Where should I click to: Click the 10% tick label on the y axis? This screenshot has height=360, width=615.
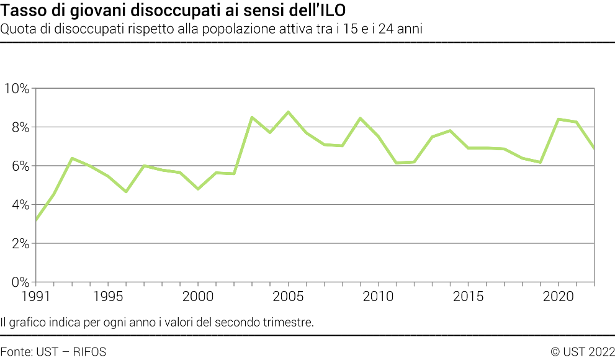tap(17, 89)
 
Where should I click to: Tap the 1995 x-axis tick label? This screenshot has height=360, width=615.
tap(108, 296)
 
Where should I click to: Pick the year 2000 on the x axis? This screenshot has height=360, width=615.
tap(198, 296)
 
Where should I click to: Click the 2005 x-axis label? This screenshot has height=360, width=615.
tap(289, 296)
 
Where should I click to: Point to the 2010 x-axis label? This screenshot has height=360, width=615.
tap(379, 296)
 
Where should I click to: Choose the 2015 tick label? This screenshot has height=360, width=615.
tap(469, 296)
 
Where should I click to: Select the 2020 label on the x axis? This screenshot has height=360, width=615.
tap(559, 296)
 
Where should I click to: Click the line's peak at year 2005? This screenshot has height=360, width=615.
tap(289, 112)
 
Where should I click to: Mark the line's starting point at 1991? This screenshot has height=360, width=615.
tap(36, 220)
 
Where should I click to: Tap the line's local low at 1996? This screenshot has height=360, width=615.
tap(126, 192)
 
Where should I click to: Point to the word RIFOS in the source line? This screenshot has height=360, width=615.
tap(89, 352)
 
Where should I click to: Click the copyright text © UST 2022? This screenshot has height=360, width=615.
tap(582, 352)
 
